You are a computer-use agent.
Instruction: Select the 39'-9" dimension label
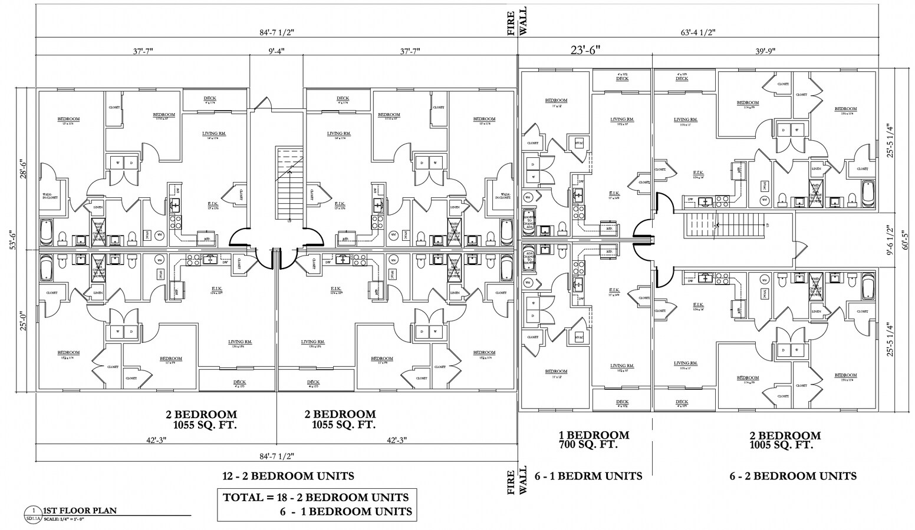(x=765, y=51)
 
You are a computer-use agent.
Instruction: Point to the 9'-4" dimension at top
(x=277, y=51)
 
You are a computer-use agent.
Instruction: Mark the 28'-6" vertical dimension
(x=23, y=169)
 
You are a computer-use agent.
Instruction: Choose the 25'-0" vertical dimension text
(x=23, y=321)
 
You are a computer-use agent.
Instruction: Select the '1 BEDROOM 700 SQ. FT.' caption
(x=594, y=440)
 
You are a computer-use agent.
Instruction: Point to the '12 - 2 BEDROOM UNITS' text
(x=288, y=476)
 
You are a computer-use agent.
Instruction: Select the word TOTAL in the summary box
(x=243, y=497)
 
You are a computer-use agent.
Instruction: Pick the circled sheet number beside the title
(x=34, y=511)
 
